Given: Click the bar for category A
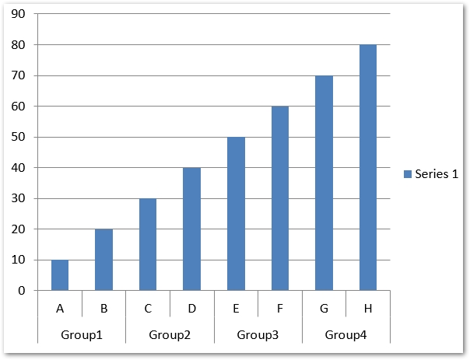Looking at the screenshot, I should tap(60, 275).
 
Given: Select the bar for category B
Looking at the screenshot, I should tap(103, 260).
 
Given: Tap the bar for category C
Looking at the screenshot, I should tap(148, 244).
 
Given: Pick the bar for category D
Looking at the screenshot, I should tap(191, 229).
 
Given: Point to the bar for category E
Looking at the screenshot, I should tap(236, 214).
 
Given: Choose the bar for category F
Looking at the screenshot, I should tap(279, 198).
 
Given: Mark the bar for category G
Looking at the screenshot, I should tap(324, 183).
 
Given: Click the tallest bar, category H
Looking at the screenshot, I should tap(367, 167).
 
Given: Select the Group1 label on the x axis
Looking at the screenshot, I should tap(82, 335).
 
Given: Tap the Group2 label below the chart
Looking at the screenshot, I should tap(170, 335).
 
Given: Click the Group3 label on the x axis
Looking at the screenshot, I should tap(258, 335).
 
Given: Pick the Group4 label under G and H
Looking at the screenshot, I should tap(345, 335).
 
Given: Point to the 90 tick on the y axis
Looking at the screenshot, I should tap(19, 14).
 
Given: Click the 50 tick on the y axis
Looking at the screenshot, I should tap(19, 137).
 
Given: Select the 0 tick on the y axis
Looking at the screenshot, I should tap(22, 291).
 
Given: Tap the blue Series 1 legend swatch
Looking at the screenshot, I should tap(407, 174).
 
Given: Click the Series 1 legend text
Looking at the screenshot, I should tap(437, 174).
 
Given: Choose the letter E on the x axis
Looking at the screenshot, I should tap(236, 309).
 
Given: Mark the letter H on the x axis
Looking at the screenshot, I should tap(367, 309).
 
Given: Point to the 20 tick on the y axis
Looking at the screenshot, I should tap(19, 229).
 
